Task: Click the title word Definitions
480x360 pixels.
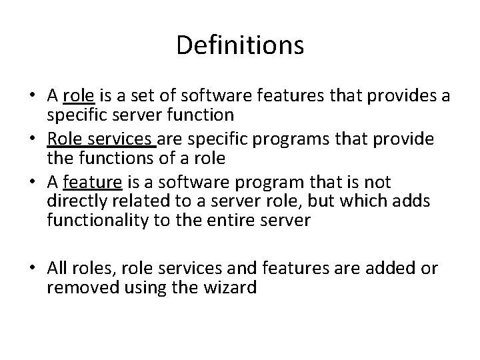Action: [x=240, y=46]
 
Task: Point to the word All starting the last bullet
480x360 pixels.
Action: [x=57, y=268]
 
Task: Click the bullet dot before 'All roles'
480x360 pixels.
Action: [x=35, y=269]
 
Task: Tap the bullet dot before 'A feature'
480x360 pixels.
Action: [x=35, y=183]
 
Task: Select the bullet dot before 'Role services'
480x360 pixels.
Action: [x=35, y=140]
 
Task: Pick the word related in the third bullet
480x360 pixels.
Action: [x=133, y=201]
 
